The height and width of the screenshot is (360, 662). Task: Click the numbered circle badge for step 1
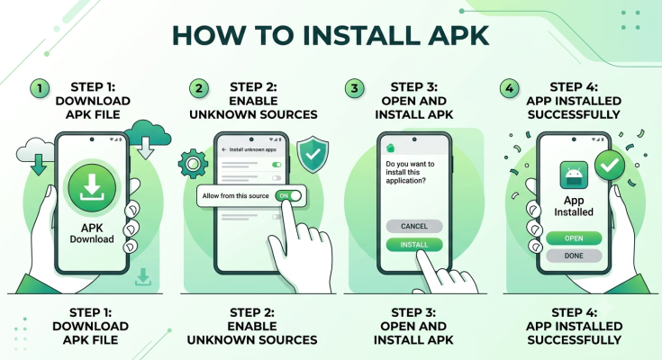coord(40,88)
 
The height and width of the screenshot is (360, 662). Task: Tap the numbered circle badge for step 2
coord(199,88)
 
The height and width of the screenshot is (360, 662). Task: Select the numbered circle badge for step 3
coord(355,88)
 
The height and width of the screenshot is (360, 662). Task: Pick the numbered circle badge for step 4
coord(510,88)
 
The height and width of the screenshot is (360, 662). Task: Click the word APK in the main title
coord(458,35)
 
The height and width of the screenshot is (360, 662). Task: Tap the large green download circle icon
coord(92,188)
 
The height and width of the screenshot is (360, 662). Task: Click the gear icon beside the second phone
coord(193,163)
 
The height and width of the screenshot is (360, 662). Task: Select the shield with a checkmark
coord(313,154)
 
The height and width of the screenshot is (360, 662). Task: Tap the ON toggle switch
coord(288,196)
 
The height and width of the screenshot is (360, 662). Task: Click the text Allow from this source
coord(235,196)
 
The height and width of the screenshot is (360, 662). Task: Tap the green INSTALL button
coord(414,245)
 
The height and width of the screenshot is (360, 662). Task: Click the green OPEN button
coord(574,238)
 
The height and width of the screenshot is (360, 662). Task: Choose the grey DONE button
coord(574,256)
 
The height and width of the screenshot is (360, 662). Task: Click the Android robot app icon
coord(574,175)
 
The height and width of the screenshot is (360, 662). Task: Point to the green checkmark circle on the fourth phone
coord(610,166)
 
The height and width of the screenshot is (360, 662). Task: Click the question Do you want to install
coord(410,172)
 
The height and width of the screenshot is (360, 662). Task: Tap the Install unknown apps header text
coord(253,149)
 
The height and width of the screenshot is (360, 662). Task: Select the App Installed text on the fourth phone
coord(574,206)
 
